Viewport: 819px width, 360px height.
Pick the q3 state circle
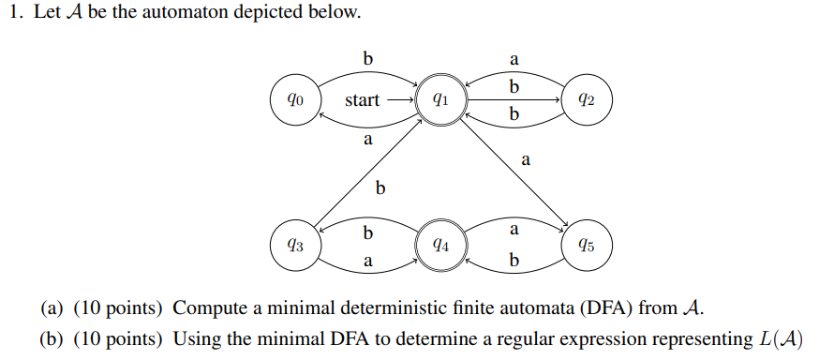(x=294, y=246)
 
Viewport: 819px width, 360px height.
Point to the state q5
(x=587, y=246)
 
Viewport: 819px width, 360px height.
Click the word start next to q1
(x=362, y=99)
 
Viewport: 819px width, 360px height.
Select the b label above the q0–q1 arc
(x=368, y=59)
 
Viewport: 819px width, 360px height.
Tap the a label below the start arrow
(x=368, y=140)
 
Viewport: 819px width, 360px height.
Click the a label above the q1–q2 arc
(x=514, y=59)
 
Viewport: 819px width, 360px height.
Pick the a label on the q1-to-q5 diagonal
(x=526, y=160)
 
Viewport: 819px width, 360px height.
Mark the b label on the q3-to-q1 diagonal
(x=380, y=188)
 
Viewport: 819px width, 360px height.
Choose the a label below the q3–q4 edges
(x=368, y=263)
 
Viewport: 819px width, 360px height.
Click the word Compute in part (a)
(x=209, y=307)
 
